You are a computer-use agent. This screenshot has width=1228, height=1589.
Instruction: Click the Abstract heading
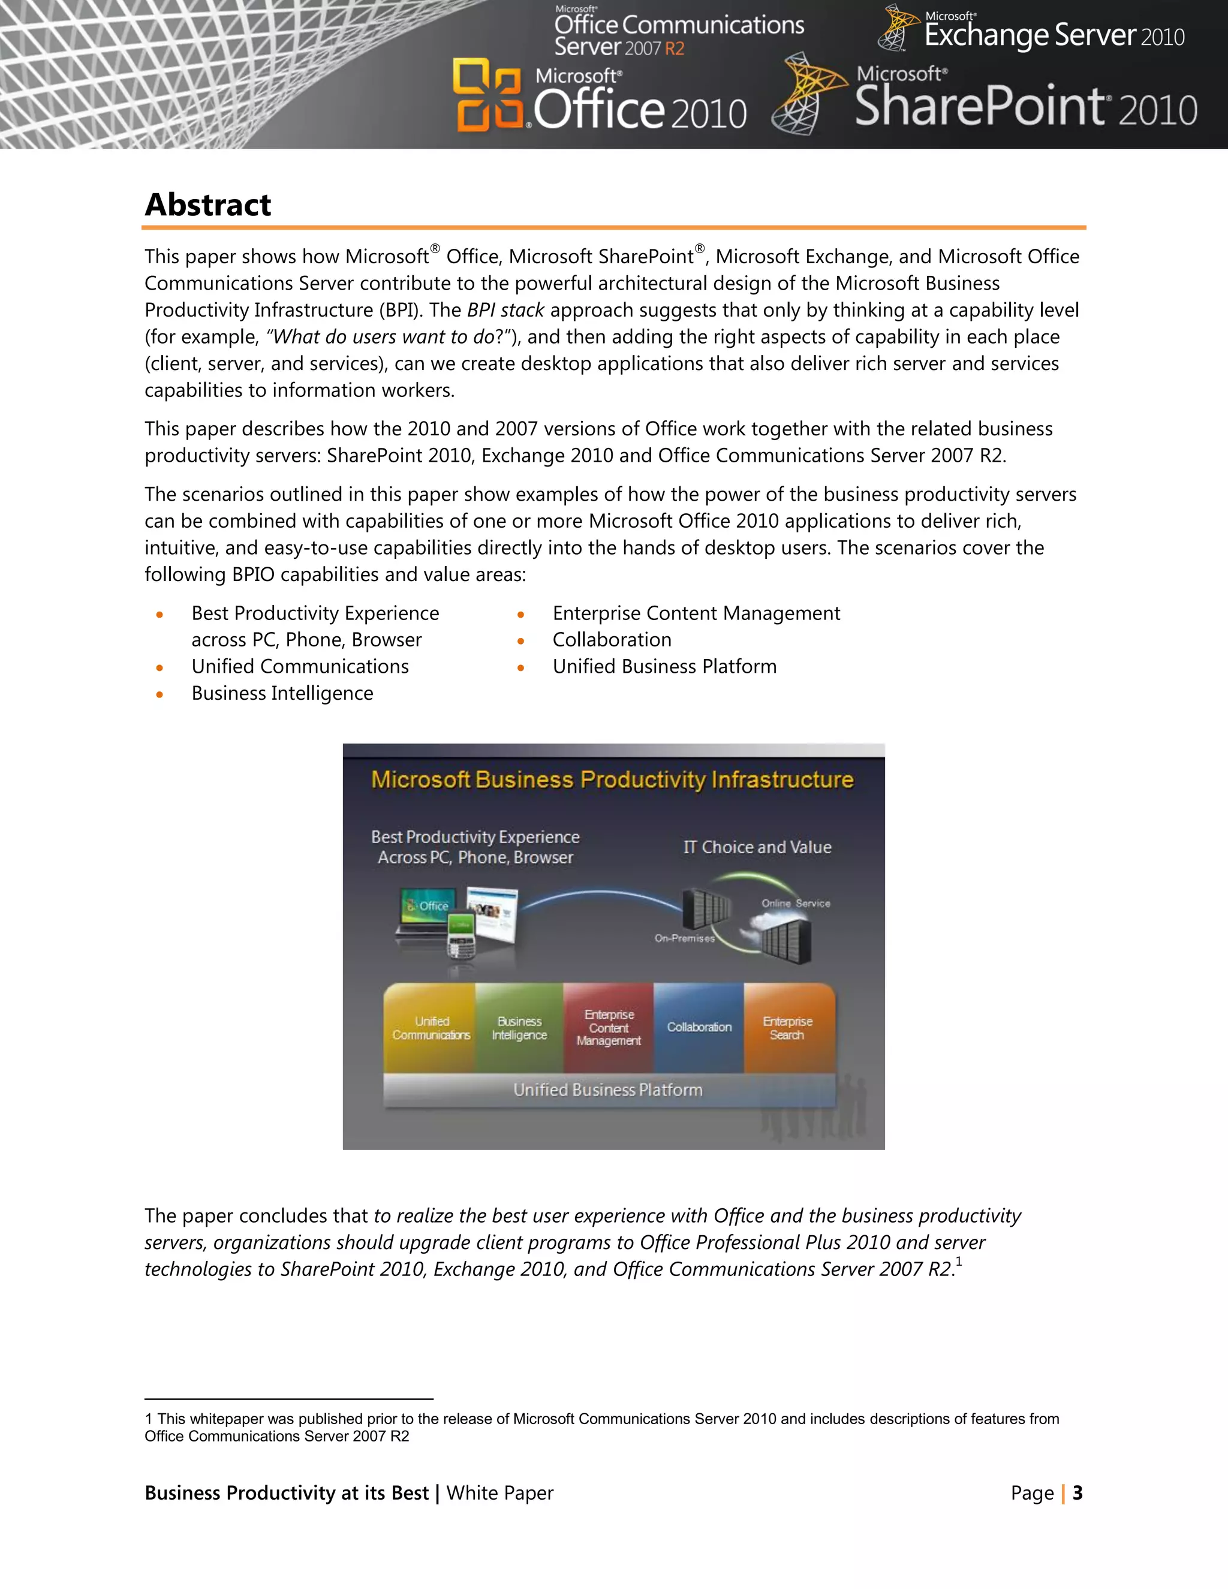coord(208,205)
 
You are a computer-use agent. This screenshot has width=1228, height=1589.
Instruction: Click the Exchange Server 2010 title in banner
coord(1054,35)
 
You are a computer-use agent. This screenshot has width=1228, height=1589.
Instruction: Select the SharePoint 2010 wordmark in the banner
coord(1024,107)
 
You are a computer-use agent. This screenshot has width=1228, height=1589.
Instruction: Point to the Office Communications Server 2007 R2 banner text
coord(678,35)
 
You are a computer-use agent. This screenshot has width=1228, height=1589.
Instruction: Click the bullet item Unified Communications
coord(300,666)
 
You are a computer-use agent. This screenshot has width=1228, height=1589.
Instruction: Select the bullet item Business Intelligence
coord(282,693)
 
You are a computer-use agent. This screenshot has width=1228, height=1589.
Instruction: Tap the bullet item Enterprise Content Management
coord(696,613)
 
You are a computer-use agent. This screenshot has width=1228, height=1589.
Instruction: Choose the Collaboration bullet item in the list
coord(611,640)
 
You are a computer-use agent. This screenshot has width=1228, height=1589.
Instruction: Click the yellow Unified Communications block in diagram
coord(431,1028)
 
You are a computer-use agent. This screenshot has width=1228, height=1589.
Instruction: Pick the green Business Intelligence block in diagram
coord(519,1028)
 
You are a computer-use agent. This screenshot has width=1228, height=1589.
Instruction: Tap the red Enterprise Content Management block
coord(608,1028)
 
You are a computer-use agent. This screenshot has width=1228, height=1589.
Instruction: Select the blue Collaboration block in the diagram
coord(699,1027)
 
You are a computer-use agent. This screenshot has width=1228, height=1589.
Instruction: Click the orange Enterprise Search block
coord(788,1028)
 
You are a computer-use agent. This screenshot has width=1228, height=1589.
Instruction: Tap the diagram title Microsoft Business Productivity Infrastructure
coord(612,780)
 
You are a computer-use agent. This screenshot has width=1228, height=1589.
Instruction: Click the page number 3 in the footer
coord(1077,1493)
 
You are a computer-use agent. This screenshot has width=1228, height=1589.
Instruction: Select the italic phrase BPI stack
coord(505,311)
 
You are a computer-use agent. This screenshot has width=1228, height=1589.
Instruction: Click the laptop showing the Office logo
coord(427,913)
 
